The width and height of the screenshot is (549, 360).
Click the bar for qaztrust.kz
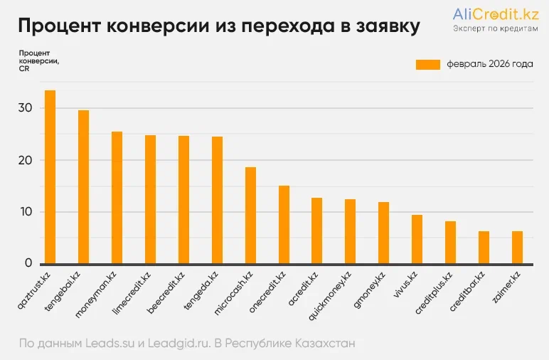coord(50,177)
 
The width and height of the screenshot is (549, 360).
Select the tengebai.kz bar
coord(83,187)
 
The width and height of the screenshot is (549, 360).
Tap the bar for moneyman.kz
coord(117,198)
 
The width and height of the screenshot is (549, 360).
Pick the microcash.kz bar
coord(250,216)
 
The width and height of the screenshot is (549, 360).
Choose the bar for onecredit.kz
coord(284,225)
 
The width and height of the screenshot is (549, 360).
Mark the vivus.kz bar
coord(417,239)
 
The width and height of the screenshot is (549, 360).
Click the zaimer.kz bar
coord(517,248)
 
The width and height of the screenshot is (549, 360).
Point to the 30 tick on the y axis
coord(26,108)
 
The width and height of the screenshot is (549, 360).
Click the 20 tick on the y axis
coord(26,160)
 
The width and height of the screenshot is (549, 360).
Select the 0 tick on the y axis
coord(28,263)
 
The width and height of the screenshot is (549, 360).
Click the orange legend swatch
coord(428,65)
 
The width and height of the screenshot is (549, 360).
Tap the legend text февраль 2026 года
coord(490,65)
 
